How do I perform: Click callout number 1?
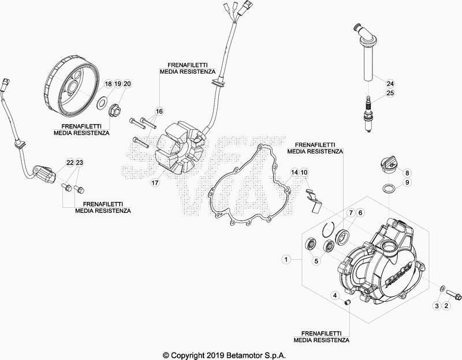click(x=285, y=260)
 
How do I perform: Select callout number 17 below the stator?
click(x=155, y=183)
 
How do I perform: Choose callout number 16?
click(x=159, y=111)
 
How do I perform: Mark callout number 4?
click(x=334, y=295)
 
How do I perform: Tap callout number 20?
click(x=128, y=84)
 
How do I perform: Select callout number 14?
click(x=294, y=172)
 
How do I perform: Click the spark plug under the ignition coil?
click(x=366, y=115)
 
